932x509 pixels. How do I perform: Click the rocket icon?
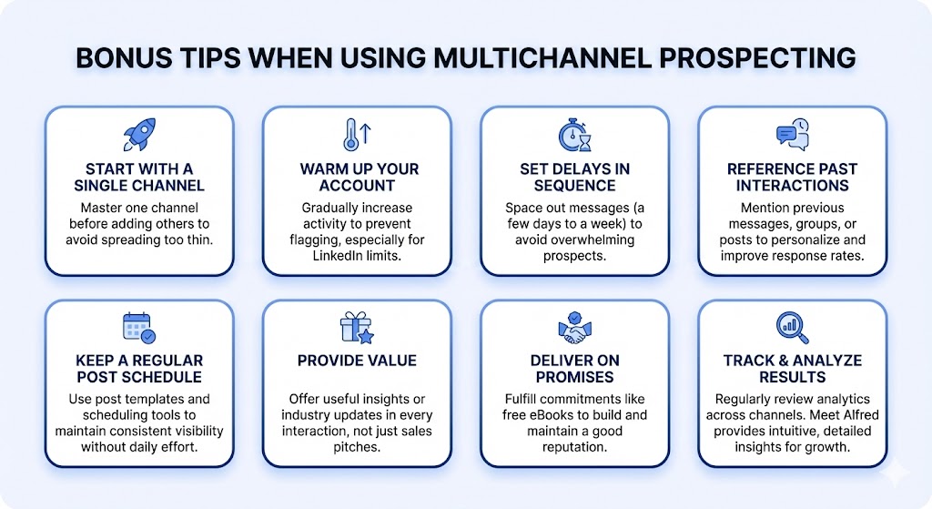tap(138, 135)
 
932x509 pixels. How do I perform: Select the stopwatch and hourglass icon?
tap(574, 135)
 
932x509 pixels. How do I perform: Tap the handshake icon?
tap(574, 327)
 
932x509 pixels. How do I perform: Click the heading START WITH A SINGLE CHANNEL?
tap(138, 178)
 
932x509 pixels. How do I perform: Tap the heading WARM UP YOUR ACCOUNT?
tap(356, 178)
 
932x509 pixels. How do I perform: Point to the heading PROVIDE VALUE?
tap(356, 361)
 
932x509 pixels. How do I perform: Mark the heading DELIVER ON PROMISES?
tap(574, 369)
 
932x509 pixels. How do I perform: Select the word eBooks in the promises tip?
tap(549, 416)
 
